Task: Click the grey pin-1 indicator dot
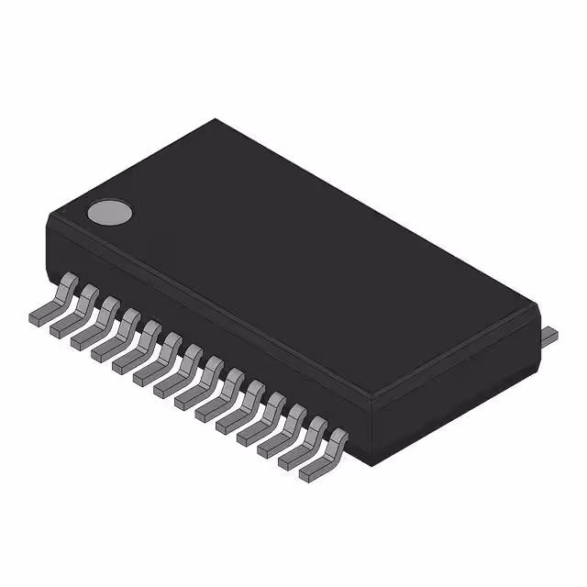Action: (109, 213)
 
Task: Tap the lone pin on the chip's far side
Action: (548, 335)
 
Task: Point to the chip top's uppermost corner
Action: (216, 119)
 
